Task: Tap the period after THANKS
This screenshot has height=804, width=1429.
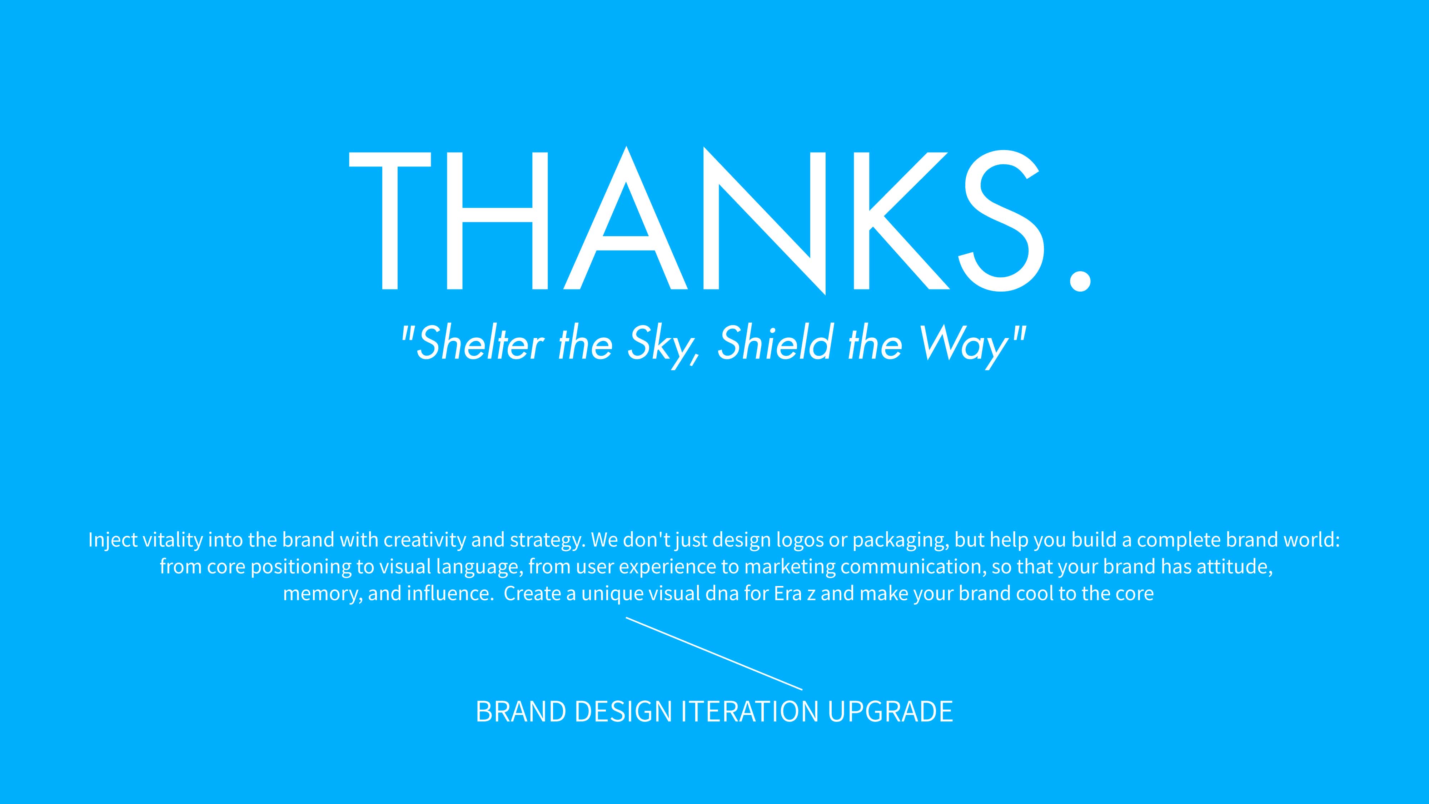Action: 1080,279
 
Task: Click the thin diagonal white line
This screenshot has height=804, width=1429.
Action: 714,654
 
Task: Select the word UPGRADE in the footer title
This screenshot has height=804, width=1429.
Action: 890,711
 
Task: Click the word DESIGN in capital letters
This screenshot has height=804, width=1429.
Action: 623,711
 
